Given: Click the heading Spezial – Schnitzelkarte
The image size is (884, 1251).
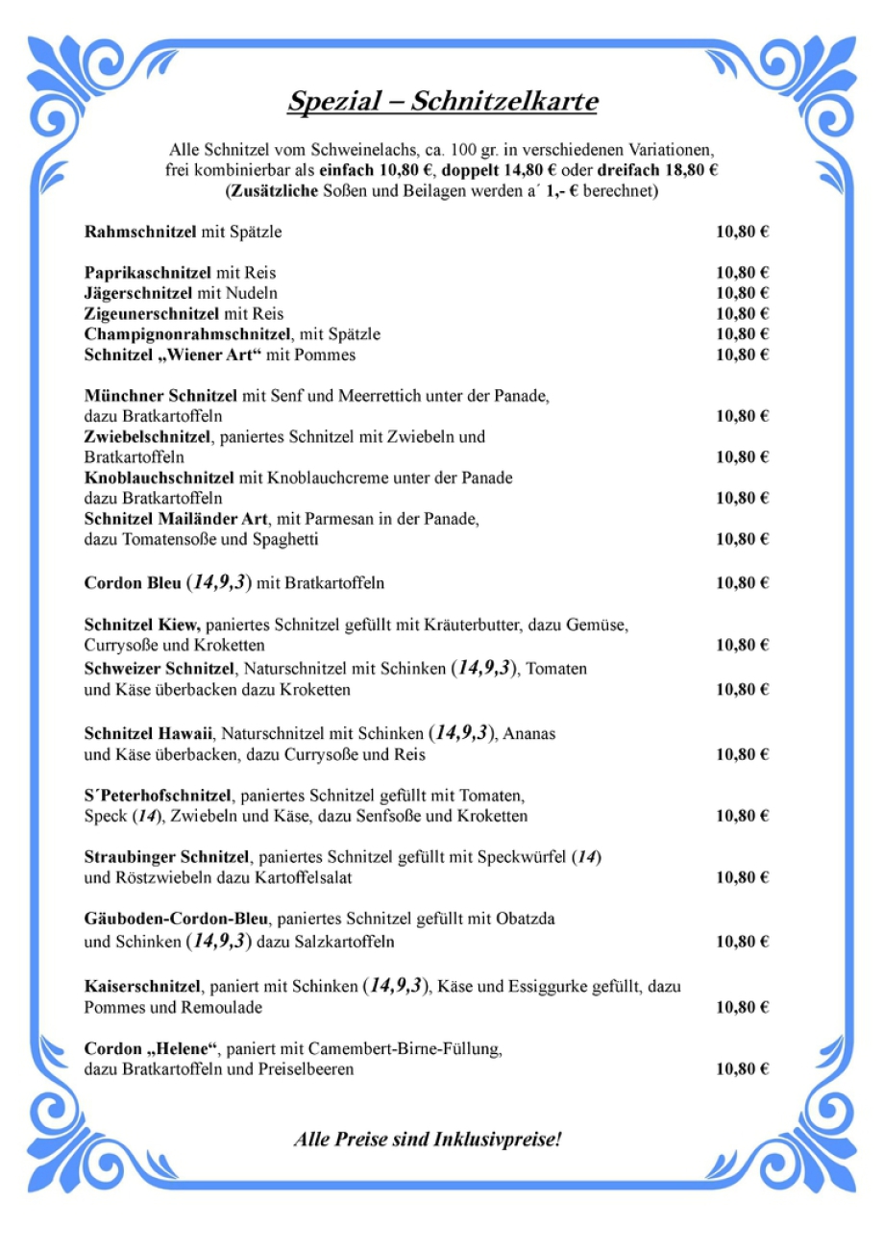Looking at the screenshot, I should pos(442,102).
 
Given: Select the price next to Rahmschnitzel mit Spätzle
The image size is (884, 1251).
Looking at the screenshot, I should pos(742,232).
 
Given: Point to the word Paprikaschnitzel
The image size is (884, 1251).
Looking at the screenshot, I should pos(147,272).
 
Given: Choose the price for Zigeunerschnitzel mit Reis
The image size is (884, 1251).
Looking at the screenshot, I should pos(742,313).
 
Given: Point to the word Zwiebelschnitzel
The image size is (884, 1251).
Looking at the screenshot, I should pos(149,436).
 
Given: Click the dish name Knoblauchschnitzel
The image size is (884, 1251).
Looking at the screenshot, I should pos(159,478).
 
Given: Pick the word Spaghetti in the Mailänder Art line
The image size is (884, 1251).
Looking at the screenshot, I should pos(285,539).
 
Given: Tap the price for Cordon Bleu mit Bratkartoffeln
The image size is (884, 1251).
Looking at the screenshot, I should pos(742,583).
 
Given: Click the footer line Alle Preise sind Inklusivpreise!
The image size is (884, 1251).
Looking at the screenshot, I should pos(428,1140).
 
